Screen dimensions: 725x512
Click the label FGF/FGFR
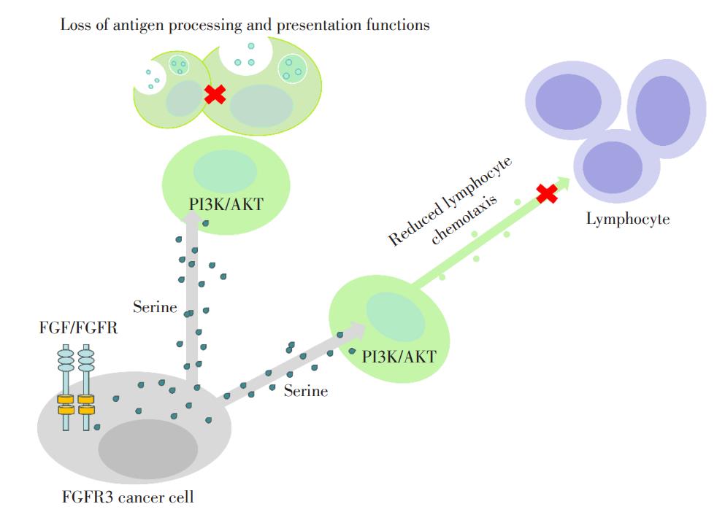pos(78,327)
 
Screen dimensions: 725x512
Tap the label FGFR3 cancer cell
pos(128,497)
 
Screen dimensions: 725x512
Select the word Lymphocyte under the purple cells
pos(628,219)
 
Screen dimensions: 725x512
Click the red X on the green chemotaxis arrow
pos(547,193)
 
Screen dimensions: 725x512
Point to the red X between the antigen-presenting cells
pos(215,94)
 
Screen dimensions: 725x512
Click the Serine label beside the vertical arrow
pos(155,307)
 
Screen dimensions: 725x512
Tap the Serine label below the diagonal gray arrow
pos(306,391)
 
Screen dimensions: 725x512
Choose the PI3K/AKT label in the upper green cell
pos(226,204)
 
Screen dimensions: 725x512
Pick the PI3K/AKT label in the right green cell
pos(399,357)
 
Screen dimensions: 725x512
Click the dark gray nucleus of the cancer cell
pos(148,449)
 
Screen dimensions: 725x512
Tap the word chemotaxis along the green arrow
pos(464,219)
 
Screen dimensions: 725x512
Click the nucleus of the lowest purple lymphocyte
pos(612,167)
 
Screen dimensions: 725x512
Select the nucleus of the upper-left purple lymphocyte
pos(568,101)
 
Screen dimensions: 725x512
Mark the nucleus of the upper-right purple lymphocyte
pos(663,110)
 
